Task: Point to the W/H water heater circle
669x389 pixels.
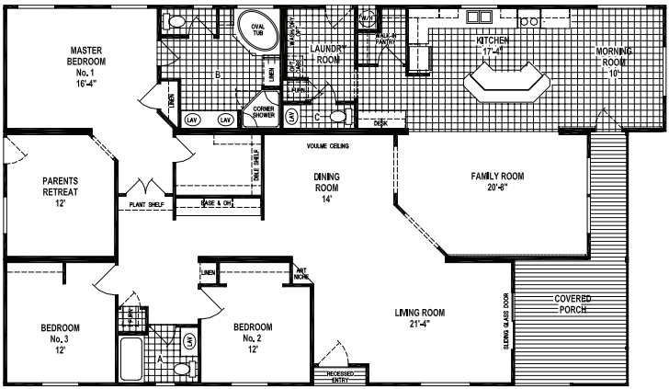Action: (x=367, y=18)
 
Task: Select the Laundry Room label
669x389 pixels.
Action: (x=326, y=52)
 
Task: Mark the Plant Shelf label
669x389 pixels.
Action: (x=146, y=204)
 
